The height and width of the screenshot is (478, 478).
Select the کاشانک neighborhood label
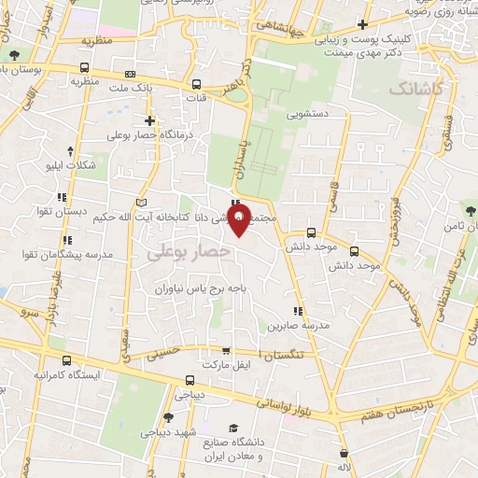pyautogui.click(x=414, y=90)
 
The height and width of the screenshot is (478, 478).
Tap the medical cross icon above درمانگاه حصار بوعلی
pyautogui.click(x=149, y=120)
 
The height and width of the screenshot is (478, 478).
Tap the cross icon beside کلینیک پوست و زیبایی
pyautogui.click(x=361, y=24)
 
